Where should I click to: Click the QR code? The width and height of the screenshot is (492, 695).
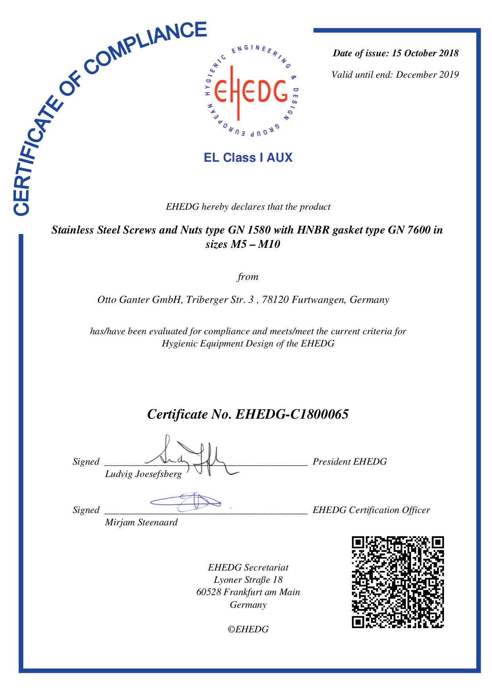coord(398,582)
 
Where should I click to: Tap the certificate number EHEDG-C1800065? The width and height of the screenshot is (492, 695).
coord(292,414)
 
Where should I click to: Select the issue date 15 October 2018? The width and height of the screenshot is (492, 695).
coord(425,54)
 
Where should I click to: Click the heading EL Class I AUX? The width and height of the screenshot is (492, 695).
coord(248,158)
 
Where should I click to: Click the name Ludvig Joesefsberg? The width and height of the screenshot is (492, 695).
coord(143,474)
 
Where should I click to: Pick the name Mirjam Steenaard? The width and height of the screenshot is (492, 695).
coord(141,523)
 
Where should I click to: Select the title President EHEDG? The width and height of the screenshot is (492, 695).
coord(350,462)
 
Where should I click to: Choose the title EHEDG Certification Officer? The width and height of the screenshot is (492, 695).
coord(371,510)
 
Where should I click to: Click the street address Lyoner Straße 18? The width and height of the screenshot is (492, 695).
coord(248,580)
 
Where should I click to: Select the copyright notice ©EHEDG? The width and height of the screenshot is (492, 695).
coord(248,630)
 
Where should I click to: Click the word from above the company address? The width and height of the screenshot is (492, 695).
coord(248,277)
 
